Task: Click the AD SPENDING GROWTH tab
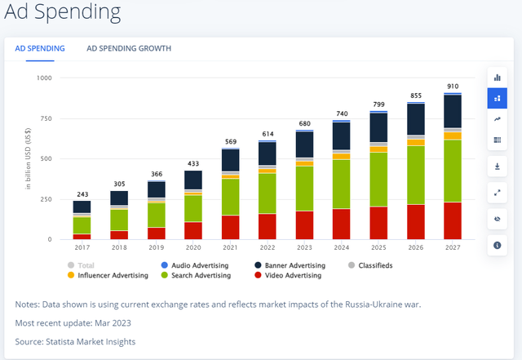tap(129, 49)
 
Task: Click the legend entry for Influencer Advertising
tap(113, 276)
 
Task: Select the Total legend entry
tap(85, 266)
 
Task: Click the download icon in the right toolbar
tap(497, 167)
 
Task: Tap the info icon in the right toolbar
tap(497, 245)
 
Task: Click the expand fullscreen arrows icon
tap(497, 193)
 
